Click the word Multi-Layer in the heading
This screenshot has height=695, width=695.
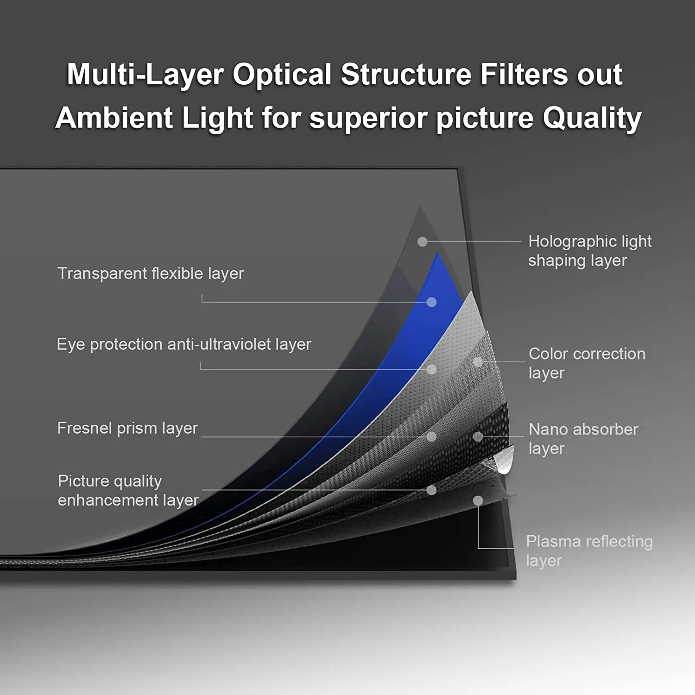tap(145, 75)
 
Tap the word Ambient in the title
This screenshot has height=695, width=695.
tap(114, 118)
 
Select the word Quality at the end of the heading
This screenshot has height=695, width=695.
tap(592, 118)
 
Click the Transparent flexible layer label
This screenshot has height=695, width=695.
tap(151, 273)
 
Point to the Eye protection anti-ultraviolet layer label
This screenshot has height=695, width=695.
tap(184, 344)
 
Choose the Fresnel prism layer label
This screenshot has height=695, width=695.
tap(127, 428)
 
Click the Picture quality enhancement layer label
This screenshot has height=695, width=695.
tap(128, 491)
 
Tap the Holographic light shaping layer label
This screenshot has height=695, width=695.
tap(589, 251)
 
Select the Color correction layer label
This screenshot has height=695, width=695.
tap(587, 363)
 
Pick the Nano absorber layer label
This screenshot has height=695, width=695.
tap(583, 438)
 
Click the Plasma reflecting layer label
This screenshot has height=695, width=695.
tap(589, 550)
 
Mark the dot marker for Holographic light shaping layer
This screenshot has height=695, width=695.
tap(422, 241)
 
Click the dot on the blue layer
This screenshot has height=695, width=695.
tap(431, 302)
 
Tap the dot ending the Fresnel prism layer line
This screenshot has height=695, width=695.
tap(431, 436)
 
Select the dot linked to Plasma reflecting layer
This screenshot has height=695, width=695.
tap(478, 500)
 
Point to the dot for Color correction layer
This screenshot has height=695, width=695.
tap(478, 361)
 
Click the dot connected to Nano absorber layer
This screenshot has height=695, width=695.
tap(478, 436)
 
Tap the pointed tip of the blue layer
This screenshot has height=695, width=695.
tap(438, 254)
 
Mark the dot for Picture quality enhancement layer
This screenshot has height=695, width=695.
tap(431, 490)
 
